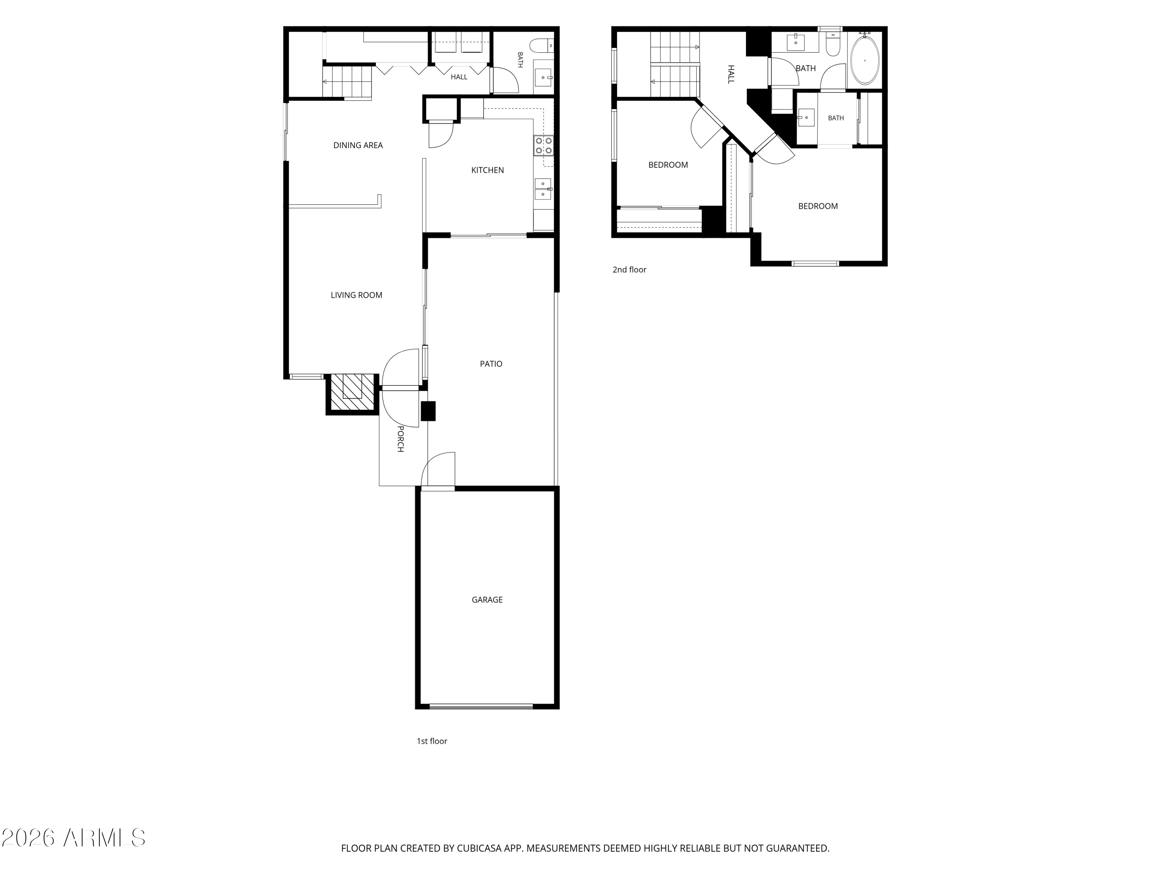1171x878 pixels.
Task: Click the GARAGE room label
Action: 487,600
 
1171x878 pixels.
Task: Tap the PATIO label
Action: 491,364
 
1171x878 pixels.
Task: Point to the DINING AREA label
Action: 358,145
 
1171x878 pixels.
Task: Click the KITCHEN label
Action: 488,170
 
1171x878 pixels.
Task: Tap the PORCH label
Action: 401,439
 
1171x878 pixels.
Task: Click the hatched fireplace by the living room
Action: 352,394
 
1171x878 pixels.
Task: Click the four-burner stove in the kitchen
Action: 544,146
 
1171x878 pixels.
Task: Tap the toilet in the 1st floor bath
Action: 543,46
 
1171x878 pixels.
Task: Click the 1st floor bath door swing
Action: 505,80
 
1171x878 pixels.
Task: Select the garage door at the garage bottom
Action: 481,707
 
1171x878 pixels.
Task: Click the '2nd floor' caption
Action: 630,269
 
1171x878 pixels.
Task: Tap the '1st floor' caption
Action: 432,741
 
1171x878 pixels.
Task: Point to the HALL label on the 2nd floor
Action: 731,74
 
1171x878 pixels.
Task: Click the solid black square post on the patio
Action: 428,411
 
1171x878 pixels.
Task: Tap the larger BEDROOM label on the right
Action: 818,206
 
